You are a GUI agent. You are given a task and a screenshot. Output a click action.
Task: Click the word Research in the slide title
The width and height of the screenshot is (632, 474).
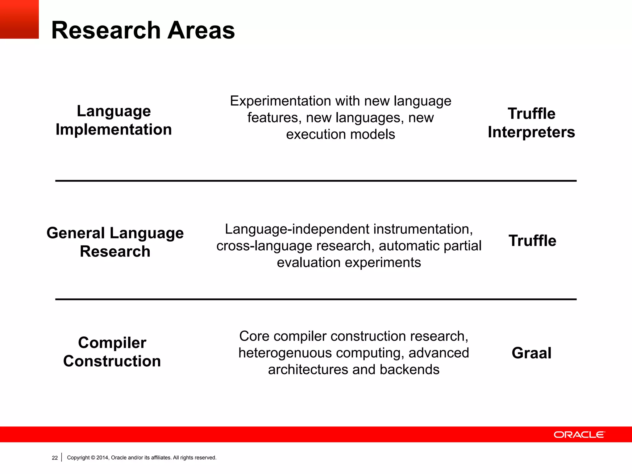pos(106,30)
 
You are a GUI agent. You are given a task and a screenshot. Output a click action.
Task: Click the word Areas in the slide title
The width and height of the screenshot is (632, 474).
pos(201,30)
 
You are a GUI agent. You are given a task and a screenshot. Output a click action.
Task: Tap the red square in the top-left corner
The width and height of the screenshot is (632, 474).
pos(19,19)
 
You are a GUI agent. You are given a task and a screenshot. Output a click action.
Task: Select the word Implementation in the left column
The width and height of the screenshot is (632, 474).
pos(114,129)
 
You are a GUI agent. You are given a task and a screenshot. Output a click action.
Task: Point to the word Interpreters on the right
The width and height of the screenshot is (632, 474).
pos(531,132)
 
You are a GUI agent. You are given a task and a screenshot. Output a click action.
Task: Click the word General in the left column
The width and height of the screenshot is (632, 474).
pos(76,233)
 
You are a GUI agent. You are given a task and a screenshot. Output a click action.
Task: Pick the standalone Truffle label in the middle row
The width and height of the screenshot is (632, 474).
pos(532,241)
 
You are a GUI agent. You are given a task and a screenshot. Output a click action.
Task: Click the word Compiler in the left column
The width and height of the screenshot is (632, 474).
pos(112,343)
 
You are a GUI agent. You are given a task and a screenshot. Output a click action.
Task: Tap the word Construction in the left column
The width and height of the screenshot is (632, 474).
pos(112,361)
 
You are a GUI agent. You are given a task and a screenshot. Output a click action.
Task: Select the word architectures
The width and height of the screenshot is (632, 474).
pos(308,370)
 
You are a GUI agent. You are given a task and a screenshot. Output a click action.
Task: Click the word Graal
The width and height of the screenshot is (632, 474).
pos(531,353)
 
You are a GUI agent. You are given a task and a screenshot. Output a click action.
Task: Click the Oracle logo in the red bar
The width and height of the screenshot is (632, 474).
pos(579,434)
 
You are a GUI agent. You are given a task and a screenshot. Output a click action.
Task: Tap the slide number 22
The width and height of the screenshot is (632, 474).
pos(55,458)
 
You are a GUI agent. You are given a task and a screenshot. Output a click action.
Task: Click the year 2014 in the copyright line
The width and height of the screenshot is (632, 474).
pos(102,458)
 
